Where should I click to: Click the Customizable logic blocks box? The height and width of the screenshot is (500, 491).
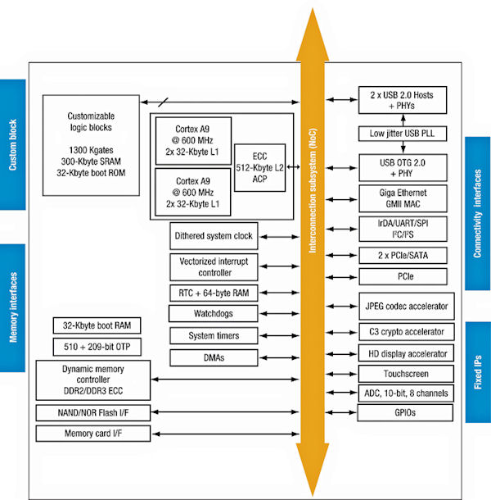coord(89,145)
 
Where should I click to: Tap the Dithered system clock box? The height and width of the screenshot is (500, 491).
coord(214,236)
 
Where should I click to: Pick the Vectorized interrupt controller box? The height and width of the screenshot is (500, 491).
coord(214,266)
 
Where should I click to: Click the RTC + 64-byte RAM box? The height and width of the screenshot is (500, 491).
coord(214,293)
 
